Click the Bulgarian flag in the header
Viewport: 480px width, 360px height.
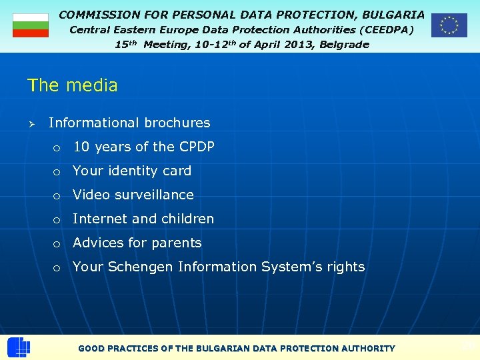pyautogui.click(x=31, y=25)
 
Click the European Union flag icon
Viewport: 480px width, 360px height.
pyautogui.click(x=449, y=25)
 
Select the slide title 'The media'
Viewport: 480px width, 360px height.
pyautogui.click(x=72, y=85)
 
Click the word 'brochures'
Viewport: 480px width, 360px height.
pyautogui.click(x=177, y=123)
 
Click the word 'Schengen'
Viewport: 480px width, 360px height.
pyautogui.click(x=140, y=267)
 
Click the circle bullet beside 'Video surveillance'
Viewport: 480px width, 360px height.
pyautogui.click(x=58, y=195)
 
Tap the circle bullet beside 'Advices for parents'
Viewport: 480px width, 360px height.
pyautogui.click(x=58, y=243)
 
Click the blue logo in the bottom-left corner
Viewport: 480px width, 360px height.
pyautogui.click(x=18, y=347)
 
